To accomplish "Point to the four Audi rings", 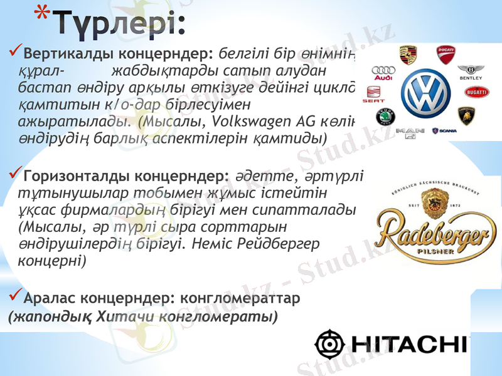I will (x=382, y=73).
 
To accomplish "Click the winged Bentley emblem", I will (x=471, y=71).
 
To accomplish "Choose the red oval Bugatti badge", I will (x=476, y=92).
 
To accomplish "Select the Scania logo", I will (x=444, y=131).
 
